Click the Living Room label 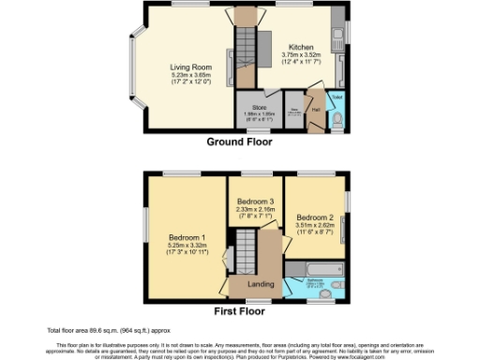[190, 67]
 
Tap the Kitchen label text [301, 47]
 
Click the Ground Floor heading [240, 142]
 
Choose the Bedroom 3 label [255, 202]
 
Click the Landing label [260, 283]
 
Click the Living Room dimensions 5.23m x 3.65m [190, 76]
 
